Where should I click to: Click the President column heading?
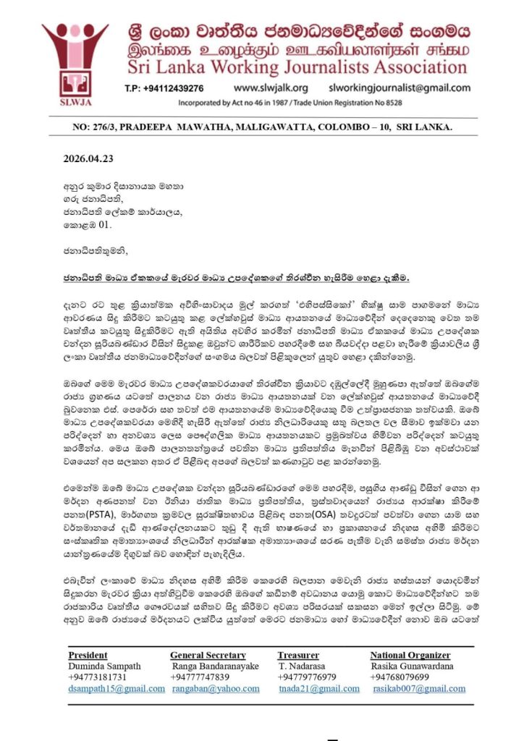point(88,655)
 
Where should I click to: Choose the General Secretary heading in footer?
point(211,655)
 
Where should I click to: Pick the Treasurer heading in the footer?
point(298,655)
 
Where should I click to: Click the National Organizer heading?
point(410,655)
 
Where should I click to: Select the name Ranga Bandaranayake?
point(216,666)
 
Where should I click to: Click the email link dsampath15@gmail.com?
point(117,688)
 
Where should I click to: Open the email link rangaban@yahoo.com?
point(216,688)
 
